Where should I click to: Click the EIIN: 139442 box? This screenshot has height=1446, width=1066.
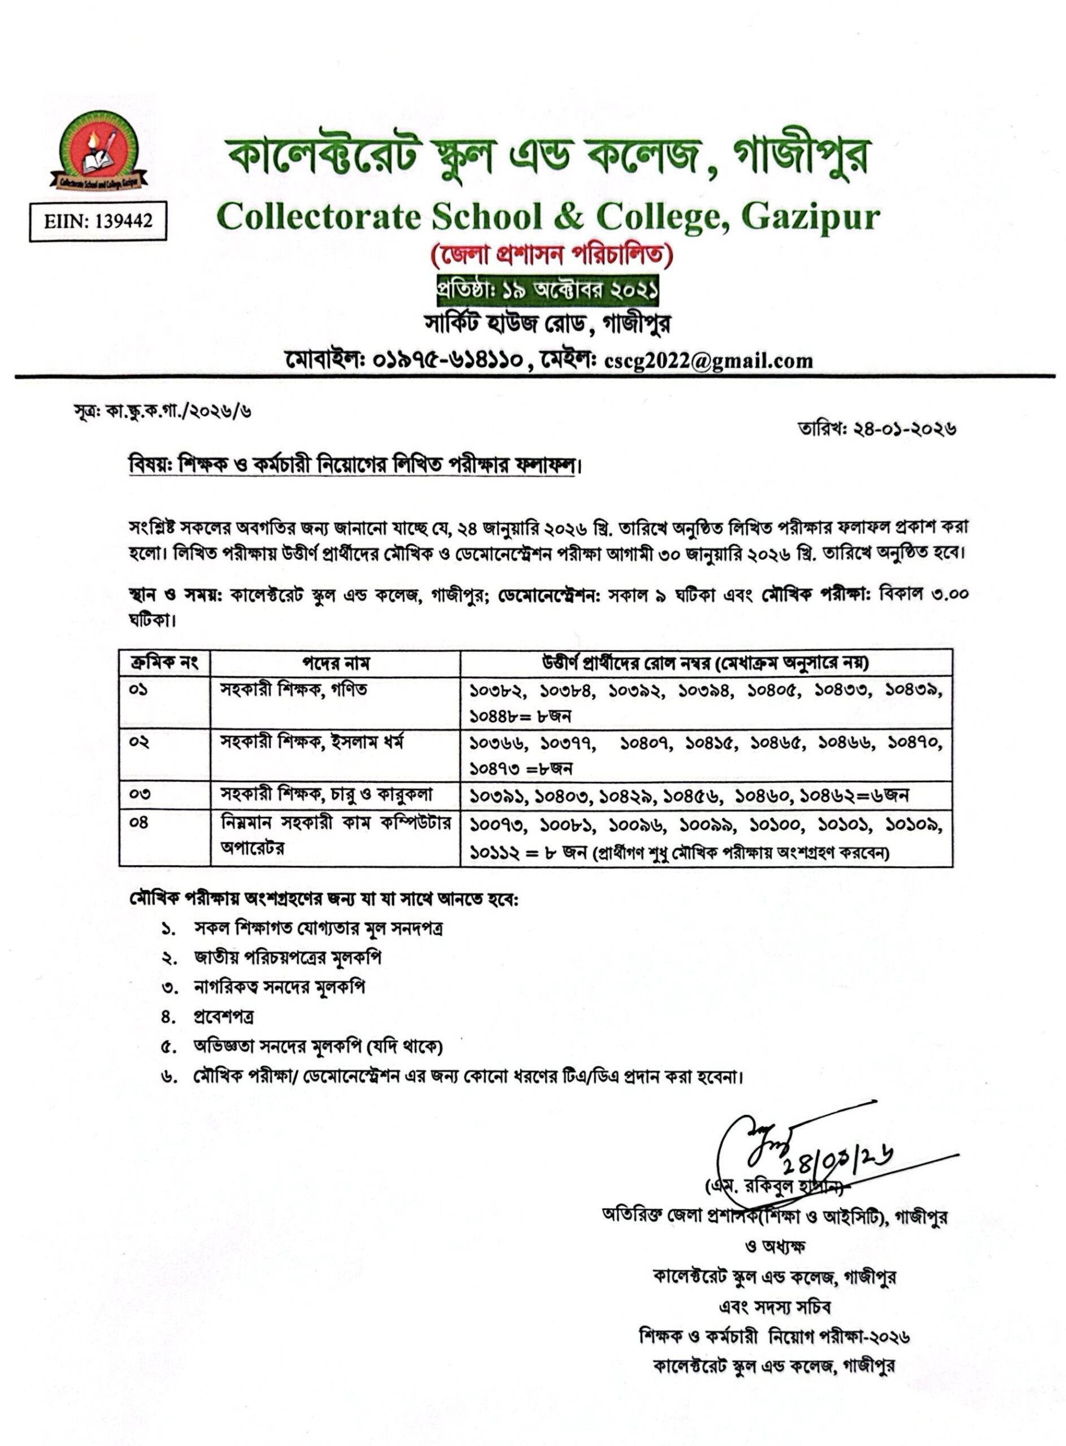(98, 221)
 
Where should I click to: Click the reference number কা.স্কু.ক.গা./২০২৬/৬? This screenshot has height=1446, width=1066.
(178, 411)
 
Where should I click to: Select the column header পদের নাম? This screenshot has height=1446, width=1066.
(336, 663)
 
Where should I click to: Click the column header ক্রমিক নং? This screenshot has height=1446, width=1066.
(164, 663)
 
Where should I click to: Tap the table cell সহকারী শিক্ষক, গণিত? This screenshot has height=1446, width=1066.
(294, 690)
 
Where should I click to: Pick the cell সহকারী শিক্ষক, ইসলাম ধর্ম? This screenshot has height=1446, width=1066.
(312, 743)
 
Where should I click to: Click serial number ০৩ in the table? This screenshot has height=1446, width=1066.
(139, 795)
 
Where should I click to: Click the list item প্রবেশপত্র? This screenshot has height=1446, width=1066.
(223, 1016)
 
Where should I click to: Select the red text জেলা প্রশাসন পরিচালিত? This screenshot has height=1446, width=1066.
(552, 257)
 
